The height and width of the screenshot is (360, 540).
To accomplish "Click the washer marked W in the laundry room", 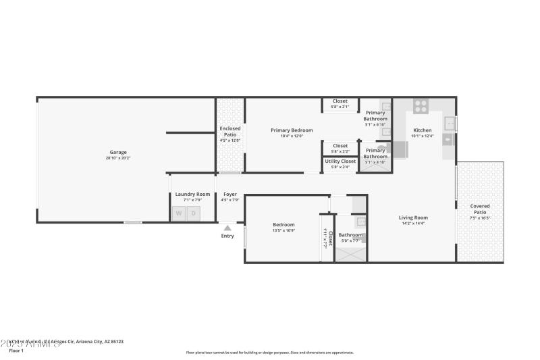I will pyautogui.click(x=179, y=213).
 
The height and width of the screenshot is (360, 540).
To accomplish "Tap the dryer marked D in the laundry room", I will pyautogui.click(x=194, y=213).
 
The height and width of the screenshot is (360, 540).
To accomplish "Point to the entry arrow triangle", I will pyautogui.click(x=227, y=228).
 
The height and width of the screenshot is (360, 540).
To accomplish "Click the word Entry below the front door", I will pyautogui.click(x=227, y=236).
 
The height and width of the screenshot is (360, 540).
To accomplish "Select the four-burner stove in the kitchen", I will pyautogui.click(x=421, y=105).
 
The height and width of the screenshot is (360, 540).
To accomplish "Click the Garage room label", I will pyautogui.click(x=118, y=152).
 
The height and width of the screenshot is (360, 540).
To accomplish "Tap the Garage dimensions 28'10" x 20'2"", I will pyautogui.click(x=118, y=158).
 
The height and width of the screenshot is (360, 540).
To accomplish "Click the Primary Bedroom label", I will pyautogui.click(x=292, y=130).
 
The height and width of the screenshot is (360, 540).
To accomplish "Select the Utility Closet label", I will pyautogui.click(x=340, y=161).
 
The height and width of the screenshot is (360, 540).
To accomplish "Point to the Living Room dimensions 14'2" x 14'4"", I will pyautogui.click(x=413, y=224).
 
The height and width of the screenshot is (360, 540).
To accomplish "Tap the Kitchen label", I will pyautogui.click(x=422, y=130).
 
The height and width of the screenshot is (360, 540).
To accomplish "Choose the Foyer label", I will pyautogui.click(x=230, y=195).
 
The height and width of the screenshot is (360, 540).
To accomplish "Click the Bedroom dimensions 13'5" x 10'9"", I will pyautogui.click(x=283, y=230).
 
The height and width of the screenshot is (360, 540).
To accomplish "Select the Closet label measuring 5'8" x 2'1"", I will pyautogui.click(x=340, y=101).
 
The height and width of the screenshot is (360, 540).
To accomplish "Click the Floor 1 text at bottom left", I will pyautogui.click(x=16, y=351).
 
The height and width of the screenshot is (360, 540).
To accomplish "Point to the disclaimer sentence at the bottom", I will pyautogui.click(x=269, y=352).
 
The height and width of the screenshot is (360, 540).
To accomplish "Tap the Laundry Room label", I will pyautogui.click(x=188, y=195).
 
